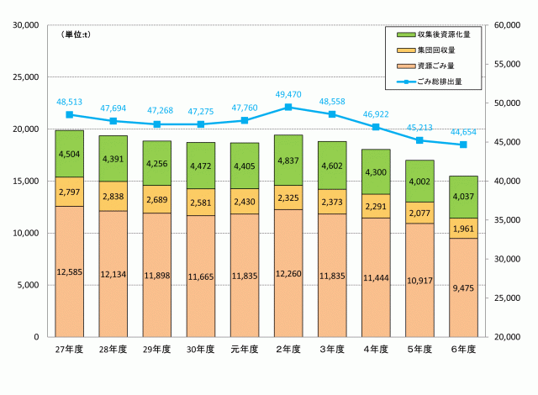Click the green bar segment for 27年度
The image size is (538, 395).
point(69,154)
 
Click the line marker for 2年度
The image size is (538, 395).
point(288,107)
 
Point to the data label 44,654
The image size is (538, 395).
point(462,132)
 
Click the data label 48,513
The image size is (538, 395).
point(69,102)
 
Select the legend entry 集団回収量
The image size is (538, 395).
point(438,50)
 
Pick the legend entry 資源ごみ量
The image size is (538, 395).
point(438,66)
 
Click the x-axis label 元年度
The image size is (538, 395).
point(244,348)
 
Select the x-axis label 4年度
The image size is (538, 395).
point(375,348)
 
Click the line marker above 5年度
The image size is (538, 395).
point(419,140)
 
